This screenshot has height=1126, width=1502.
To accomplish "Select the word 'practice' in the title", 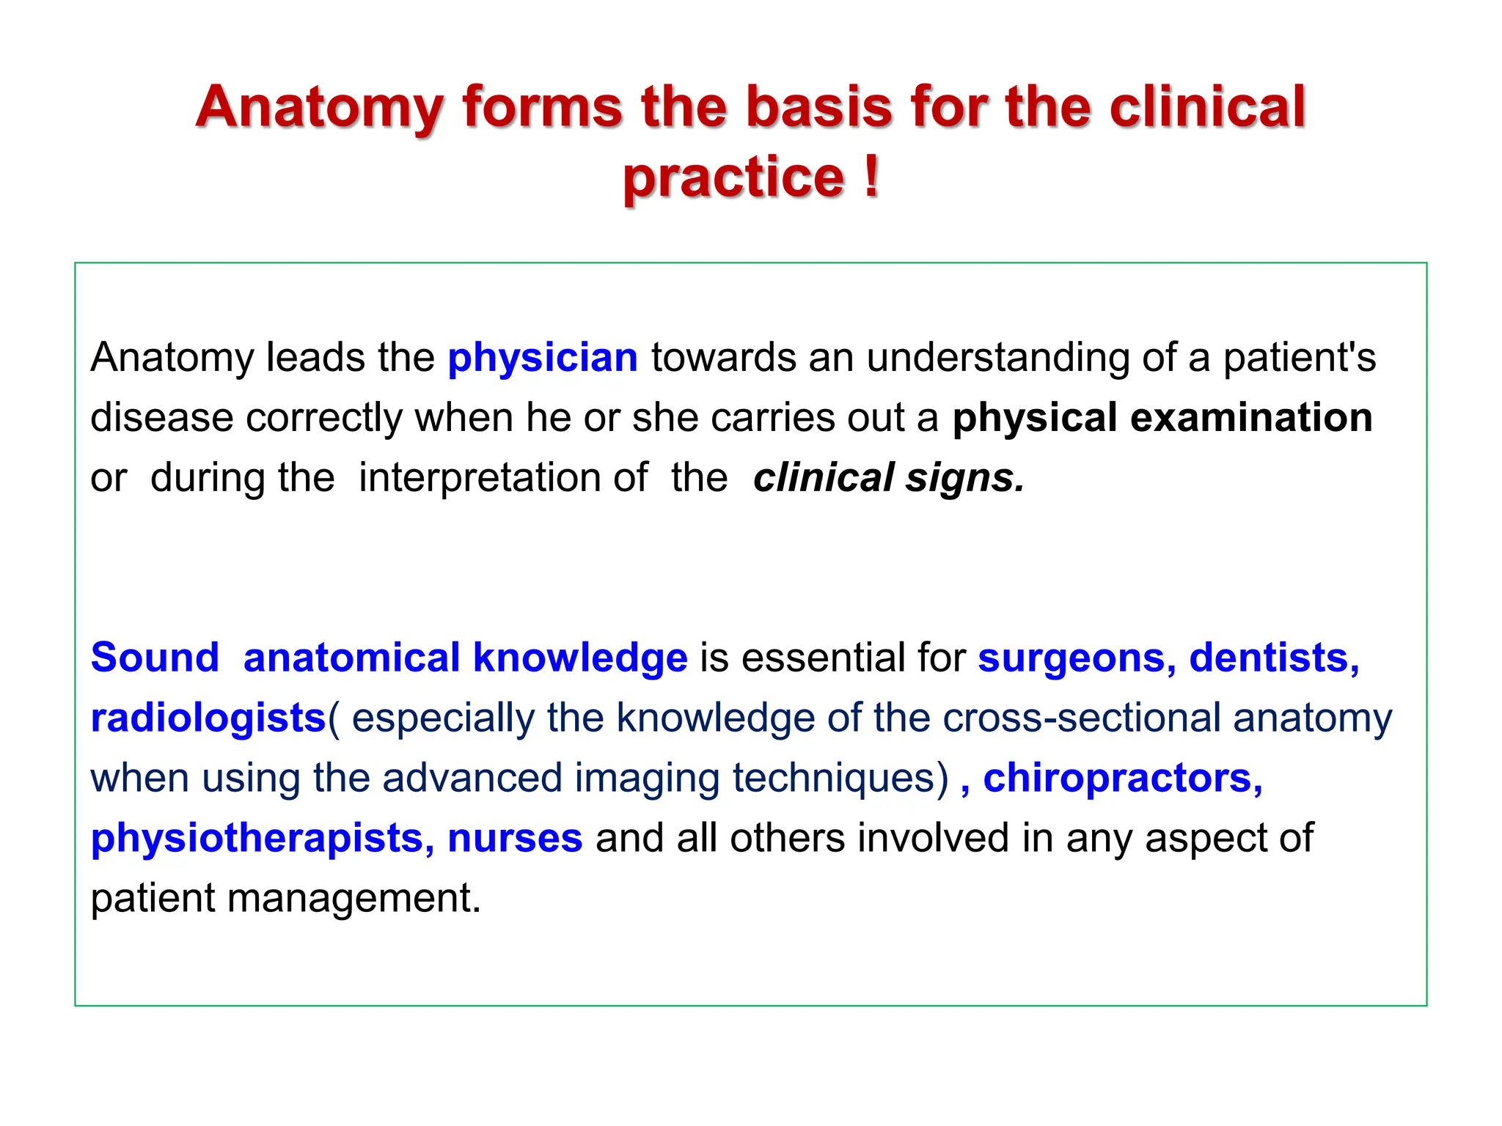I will tap(733, 177).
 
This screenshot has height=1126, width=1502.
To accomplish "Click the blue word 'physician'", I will tap(543, 358).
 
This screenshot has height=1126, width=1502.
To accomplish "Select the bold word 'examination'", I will tap(1251, 418).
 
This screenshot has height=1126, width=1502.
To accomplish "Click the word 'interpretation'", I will tap(503, 478).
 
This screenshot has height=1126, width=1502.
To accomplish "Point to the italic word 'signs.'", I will tap(964, 478).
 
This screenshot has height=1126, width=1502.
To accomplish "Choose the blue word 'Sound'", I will tap(155, 658).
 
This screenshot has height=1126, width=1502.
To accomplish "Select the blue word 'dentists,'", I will tap(1275, 658).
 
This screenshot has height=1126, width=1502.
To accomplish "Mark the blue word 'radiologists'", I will tap(208, 718).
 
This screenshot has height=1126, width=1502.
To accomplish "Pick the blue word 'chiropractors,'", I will tap(1123, 778).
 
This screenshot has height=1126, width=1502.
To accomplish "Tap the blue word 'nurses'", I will tap(515, 838).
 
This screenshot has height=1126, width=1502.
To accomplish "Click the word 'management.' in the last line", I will tap(353, 898).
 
